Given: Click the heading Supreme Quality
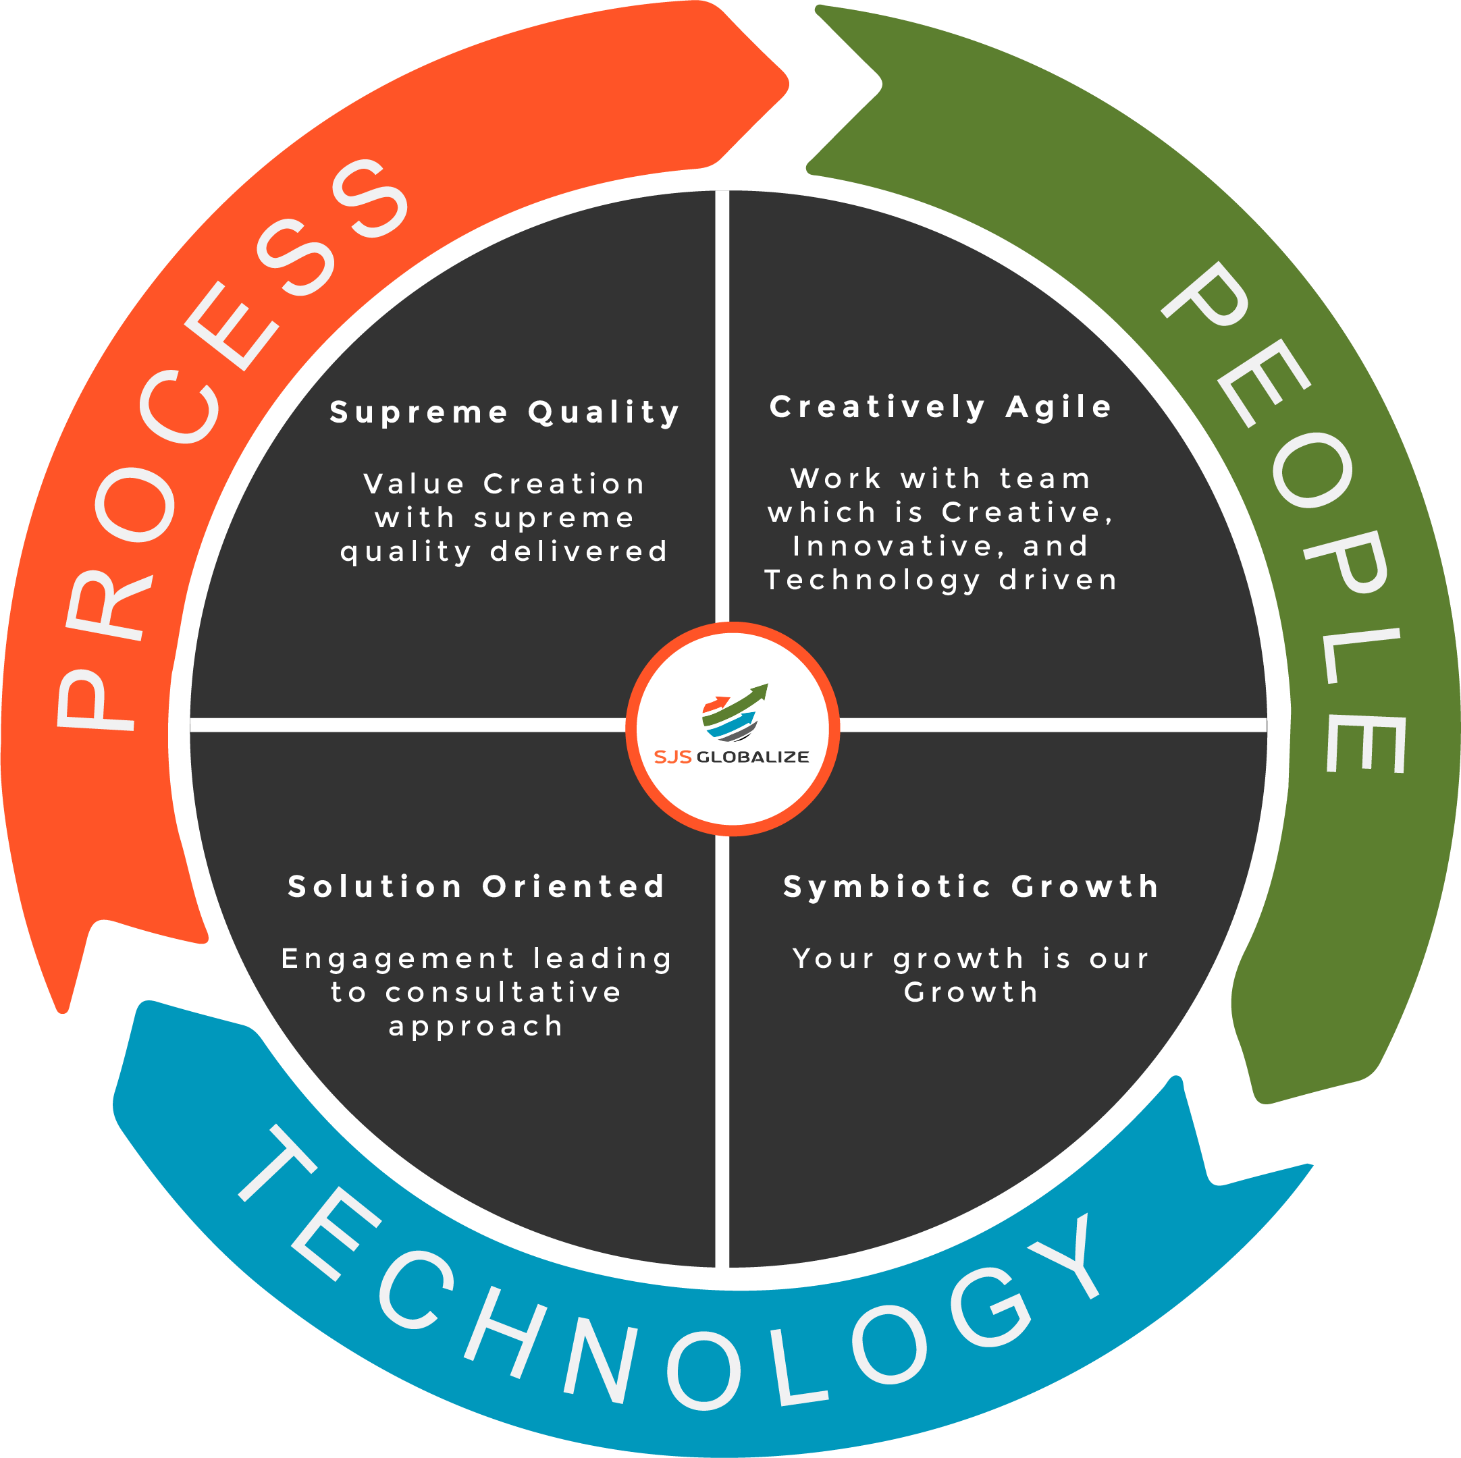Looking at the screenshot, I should (x=504, y=413).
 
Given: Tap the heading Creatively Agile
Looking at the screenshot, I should (x=940, y=407).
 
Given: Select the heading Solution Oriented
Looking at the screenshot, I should (x=477, y=886).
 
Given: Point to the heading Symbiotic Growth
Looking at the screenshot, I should (x=971, y=886).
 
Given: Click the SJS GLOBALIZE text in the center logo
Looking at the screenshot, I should (x=731, y=757).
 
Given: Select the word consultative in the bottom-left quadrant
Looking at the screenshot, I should (x=504, y=992).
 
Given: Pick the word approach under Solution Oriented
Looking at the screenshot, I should (x=477, y=1026).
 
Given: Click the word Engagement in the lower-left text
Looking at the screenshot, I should (x=398, y=958).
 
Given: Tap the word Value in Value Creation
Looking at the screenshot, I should (x=415, y=484).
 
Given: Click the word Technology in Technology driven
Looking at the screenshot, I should (x=873, y=580).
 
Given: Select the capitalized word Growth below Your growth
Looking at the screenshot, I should (x=971, y=992).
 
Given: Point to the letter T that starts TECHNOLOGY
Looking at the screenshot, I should (x=276, y=1164).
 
